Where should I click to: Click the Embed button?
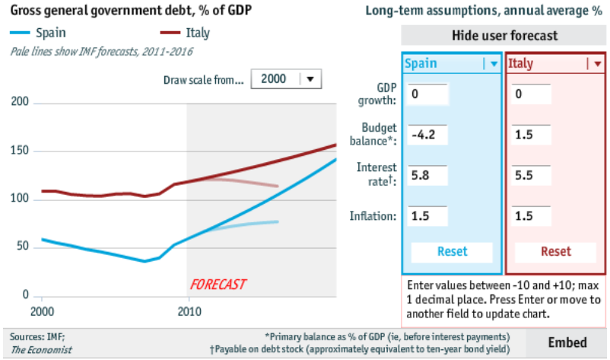pos(567,342)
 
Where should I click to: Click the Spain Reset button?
pos(452,252)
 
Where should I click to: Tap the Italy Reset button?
pos(555,252)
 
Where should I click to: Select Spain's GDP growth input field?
pos(428,94)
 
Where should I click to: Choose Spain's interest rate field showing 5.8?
pos(428,175)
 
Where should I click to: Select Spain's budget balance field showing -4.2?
pos(428,135)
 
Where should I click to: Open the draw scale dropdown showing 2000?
pos(286,79)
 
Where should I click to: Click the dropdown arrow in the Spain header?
pos(493,64)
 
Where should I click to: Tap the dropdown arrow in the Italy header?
pos(597,64)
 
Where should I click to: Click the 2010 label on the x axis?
pos(187,311)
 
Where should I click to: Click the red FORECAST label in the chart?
pos(218,284)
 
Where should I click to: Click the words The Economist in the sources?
pos(42,349)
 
